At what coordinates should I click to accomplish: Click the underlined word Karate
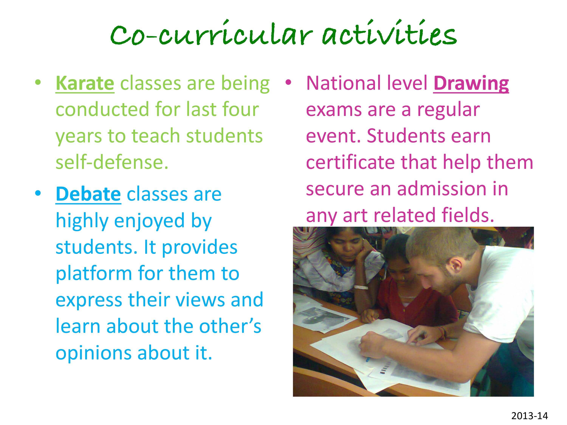(85, 83)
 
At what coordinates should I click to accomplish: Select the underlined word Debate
(88, 194)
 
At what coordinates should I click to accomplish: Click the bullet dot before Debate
(38, 193)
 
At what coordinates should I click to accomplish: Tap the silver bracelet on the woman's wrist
(361, 287)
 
